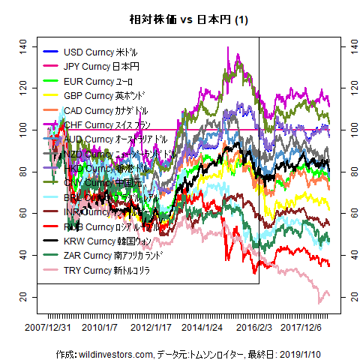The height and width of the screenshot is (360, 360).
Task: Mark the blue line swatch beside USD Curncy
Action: pyautogui.click(x=51, y=52)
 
